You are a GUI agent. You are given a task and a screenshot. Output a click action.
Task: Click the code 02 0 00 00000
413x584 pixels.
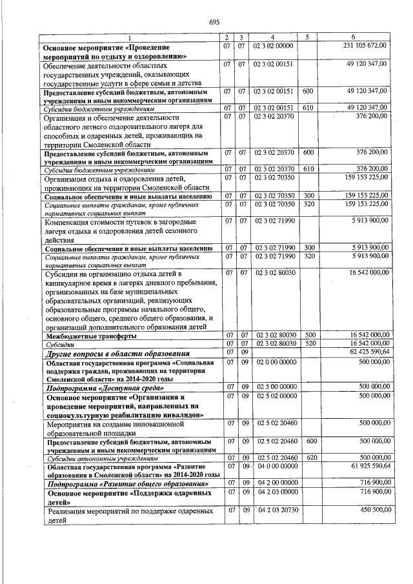pos(274,363)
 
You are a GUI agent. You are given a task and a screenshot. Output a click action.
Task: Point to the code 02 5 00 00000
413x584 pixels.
pos(274,386)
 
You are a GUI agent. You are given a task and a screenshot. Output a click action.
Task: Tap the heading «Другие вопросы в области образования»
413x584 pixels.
pos(116,354)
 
